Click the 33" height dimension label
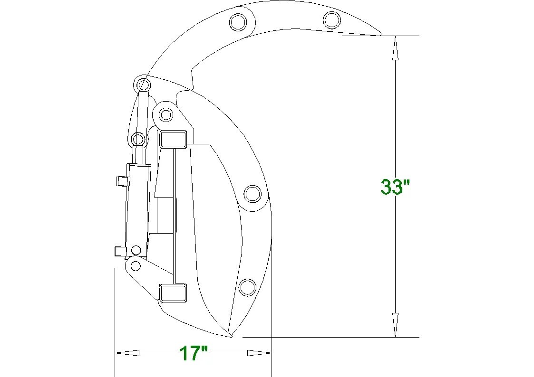point(395,187)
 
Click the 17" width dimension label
point(193,353)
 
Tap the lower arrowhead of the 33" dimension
point(395,325)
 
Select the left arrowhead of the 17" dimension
point(127,353)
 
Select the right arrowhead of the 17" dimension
point(259,353)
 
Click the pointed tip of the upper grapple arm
point(380,34)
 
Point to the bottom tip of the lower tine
point(231,337)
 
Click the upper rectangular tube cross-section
point(173,139)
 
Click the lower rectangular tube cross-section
point(174,292)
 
